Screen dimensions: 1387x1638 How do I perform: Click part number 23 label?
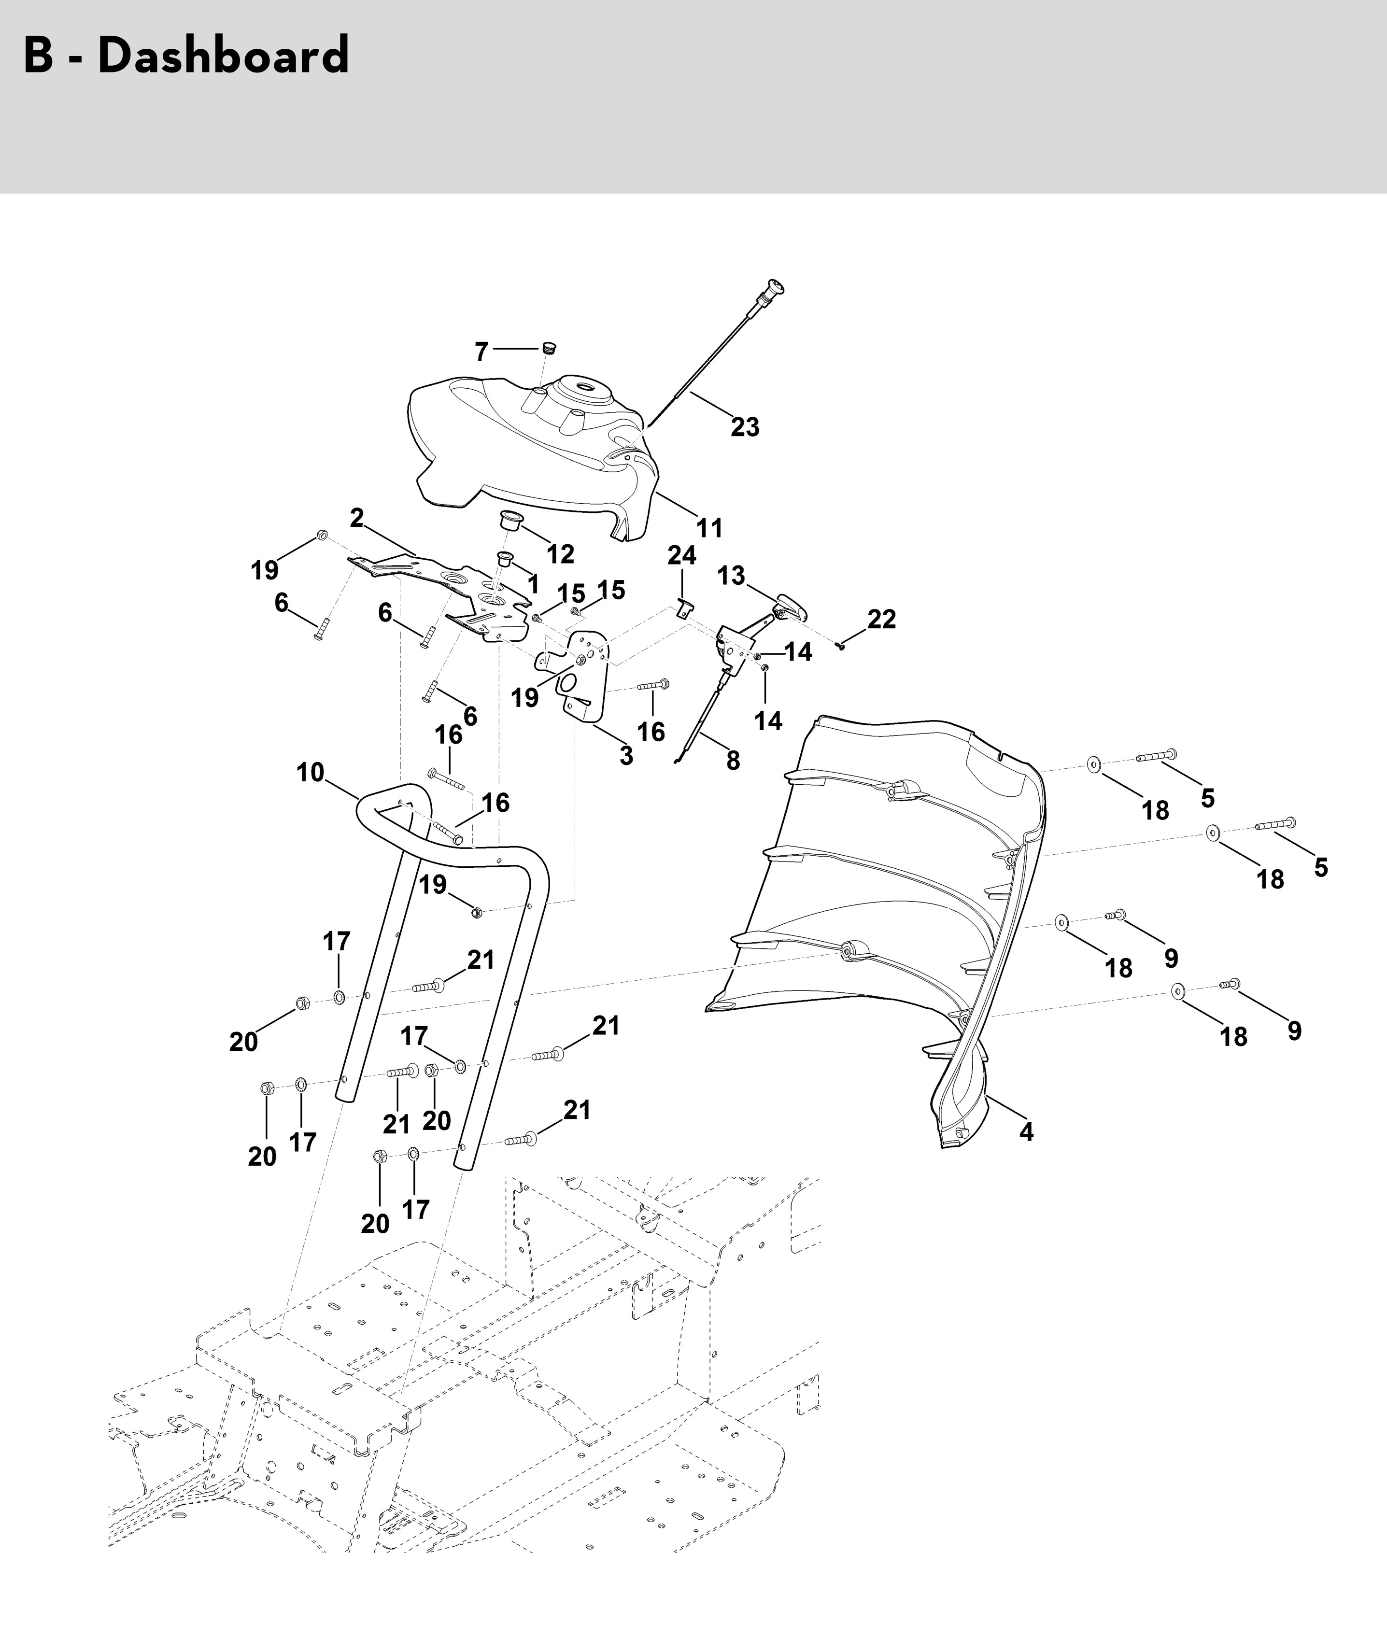coord(745,427)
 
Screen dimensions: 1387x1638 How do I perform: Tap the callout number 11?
coord(709,528)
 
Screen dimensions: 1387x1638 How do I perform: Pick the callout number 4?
coord(1026,1131)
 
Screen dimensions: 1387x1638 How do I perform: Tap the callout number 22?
coord(881,620)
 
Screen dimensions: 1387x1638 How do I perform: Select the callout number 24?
coord(682,555)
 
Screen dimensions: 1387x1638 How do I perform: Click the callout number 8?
coord(733,761)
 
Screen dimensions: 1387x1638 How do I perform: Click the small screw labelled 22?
coord(840,647)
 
